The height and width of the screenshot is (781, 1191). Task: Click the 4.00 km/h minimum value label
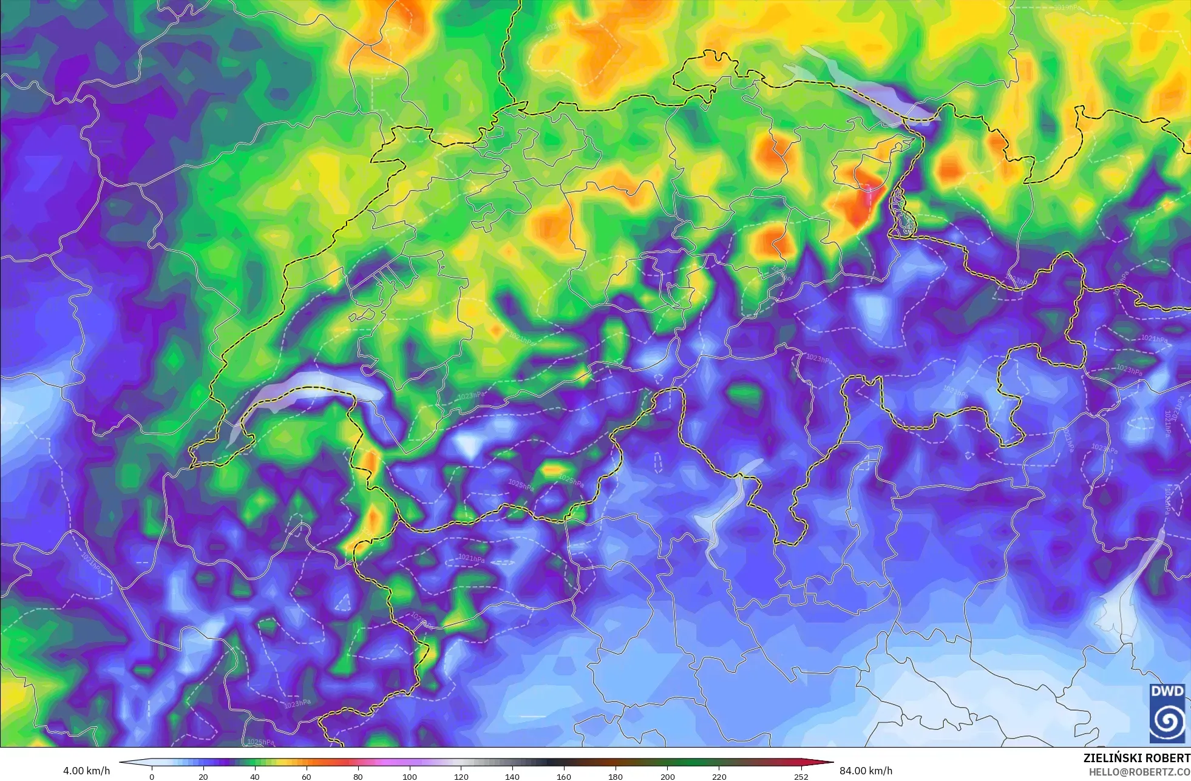pyautogui.click(x=86, y=771)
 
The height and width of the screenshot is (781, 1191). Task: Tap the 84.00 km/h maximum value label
pyautogui.click(x=866, y=771)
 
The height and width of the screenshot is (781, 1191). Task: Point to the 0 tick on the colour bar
pyautogui.click(x=152, y=776)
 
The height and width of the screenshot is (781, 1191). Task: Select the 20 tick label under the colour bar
pyautogui.click(x=203, y=776)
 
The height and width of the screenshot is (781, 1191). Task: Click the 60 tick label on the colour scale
pyautogui.click(x=307, y=776)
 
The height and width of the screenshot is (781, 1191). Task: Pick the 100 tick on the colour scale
pyautogui.click(x=410, y=776)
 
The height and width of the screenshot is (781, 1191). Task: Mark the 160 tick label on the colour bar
pyautogui.click(x=564, y=776)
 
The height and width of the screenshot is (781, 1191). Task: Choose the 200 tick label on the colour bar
pyautogui.click(x=667, y=776)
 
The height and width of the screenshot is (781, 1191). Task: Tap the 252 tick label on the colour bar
pyautogui.click(x=801, y=776)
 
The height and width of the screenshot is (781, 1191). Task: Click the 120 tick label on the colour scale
pyautogui.click(x=461, y=776)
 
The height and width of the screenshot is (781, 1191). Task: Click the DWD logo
pyautogui.click(x=1167, y=713)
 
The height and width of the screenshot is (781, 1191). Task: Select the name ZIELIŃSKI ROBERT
pyautogui.click(x=1136, y=758)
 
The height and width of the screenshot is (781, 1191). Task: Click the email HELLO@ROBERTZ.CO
pyautogui.click(x=1139, y=772)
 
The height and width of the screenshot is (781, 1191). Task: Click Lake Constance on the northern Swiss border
pyautogui.click(x=862, y=85)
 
